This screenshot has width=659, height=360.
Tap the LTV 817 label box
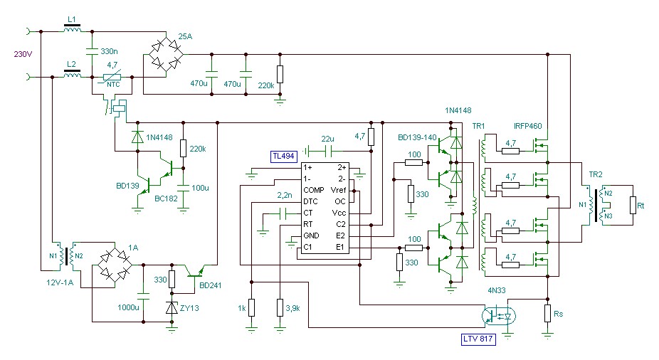[476, 339]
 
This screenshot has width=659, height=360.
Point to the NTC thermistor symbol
[111, 78]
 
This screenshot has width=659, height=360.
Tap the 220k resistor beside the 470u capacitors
[280, 74]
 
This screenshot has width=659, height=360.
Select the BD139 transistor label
[127, 186]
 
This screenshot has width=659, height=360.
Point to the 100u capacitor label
[201, 188]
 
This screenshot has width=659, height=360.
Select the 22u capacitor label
[327, 138]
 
